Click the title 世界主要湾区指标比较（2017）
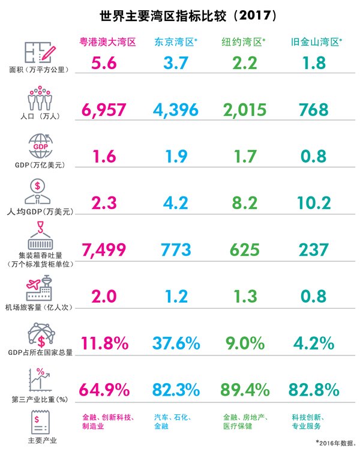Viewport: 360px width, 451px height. click(x=180, y=14)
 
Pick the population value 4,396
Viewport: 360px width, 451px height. click(x=179, y=109)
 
